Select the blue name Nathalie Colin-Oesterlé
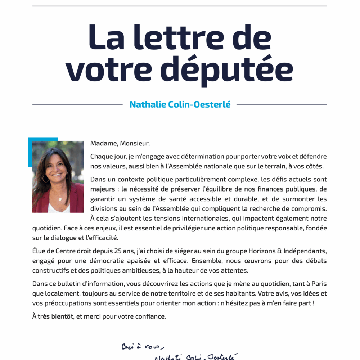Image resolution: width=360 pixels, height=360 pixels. pos(180,104)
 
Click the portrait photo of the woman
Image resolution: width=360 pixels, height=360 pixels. pos(58,176)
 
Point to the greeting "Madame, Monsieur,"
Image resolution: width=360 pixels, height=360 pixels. pos(120,143)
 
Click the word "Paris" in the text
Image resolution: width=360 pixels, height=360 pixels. pos(319,284)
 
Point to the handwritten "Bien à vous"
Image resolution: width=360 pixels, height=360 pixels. pos(143,347)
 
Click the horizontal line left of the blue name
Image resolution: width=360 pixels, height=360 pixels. pos(77,104)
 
